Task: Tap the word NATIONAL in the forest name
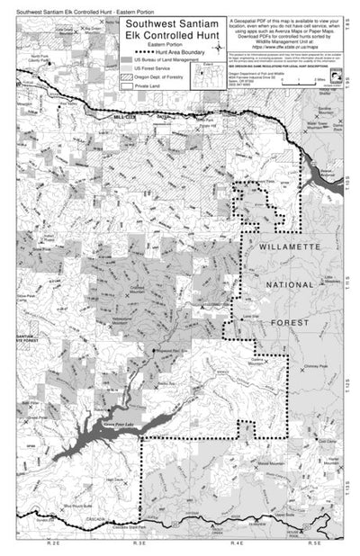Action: [x=291, y=284]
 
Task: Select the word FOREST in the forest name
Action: [x=289, y=321]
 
